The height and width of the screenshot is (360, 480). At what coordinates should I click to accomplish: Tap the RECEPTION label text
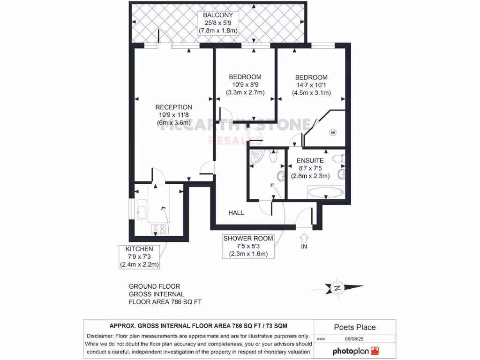pyautogui.click(x=173, y=107)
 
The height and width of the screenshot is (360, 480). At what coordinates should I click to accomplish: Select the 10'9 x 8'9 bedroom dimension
pyautogui.click(x=245, y=85)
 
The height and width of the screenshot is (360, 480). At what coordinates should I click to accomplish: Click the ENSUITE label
pyautogui.click(x=310, y=160)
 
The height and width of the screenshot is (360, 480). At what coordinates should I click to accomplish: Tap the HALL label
pyautogui.click(x=236, y=213)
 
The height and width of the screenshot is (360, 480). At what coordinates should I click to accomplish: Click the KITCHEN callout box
pyautogui.click(x=139, y=256)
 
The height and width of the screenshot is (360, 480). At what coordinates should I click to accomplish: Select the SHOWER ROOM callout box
pyautogui.click(x=248, y=246)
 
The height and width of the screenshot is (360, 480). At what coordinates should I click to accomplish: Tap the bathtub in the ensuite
pyautogui.click(x=325, y=192)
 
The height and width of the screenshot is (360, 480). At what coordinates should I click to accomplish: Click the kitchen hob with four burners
pyautogui.click(x=159, y=229)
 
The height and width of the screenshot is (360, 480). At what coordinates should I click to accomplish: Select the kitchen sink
pyautogui.click(x=142, y=210)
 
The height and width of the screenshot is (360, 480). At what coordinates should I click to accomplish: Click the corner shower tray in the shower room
pyautogui.click(x=256, y=157)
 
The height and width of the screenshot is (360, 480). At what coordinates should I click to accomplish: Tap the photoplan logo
pyautogui.click(x=355, y=351)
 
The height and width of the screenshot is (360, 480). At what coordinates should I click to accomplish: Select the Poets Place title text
pyautogui.click(x=354, y=327)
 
